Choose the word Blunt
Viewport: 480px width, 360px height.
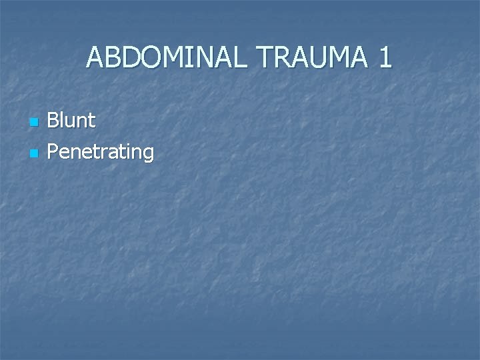click(x=71, y=121)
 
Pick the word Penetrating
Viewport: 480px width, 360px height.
click(x=101, y=153)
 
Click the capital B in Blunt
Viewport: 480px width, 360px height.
click(x=54, y=121)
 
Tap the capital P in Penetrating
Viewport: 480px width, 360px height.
click(x=54, y=152)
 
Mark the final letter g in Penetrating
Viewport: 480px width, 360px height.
click(x=148, y=154)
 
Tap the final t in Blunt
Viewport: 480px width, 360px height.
click(x=91, y=121)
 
